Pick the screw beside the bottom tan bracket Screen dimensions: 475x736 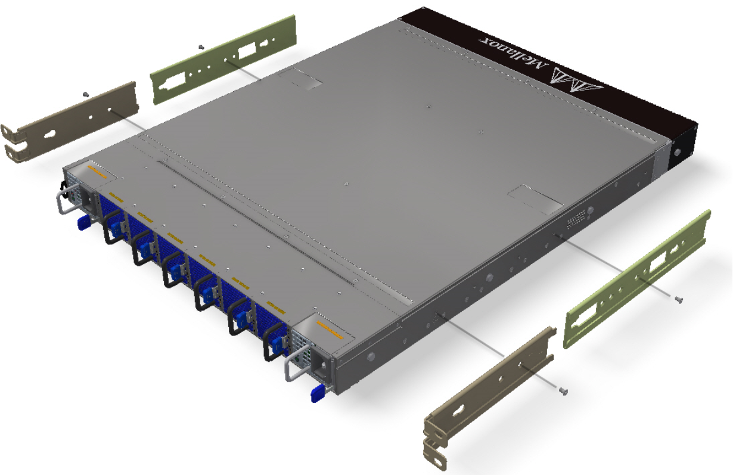(563, 391)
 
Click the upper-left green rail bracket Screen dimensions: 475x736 (224, 60)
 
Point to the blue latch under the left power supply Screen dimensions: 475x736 (83, 222)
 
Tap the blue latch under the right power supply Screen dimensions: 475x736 (318, 393)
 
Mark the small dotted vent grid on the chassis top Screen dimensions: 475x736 (574, 222)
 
